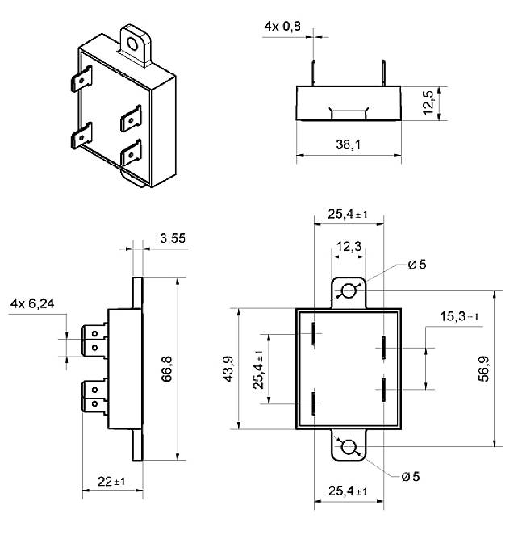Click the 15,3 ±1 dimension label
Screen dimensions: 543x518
click(459, 316)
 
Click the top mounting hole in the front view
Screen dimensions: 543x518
click(349, 290)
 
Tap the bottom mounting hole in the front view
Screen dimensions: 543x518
click(349, 448)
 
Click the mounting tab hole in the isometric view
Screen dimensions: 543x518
click(132, 39)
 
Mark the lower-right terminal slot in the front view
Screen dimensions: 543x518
click(383, 387)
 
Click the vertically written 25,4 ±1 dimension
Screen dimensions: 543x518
click(259, 370)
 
